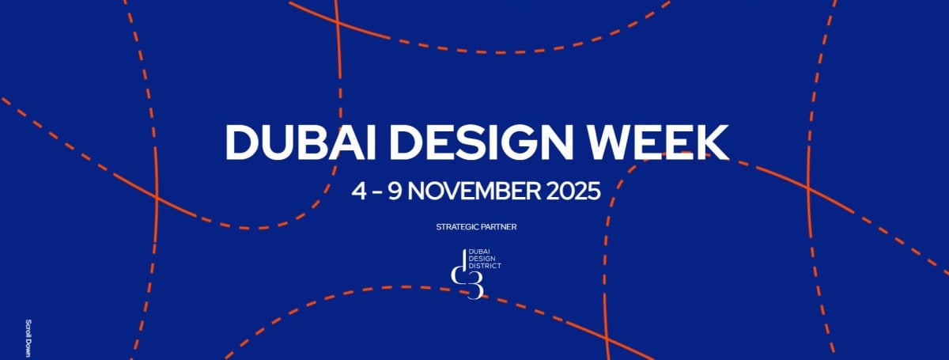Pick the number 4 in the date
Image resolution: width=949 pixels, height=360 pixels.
(358, 191)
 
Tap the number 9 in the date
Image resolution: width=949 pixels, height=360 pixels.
(395, 191)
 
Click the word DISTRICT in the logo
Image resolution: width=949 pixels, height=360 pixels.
(485, 266)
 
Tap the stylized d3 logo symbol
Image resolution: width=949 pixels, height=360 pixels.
(467, 274)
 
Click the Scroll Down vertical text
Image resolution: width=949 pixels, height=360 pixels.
(28, 338)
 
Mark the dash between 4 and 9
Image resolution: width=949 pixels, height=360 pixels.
(377, 192)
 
